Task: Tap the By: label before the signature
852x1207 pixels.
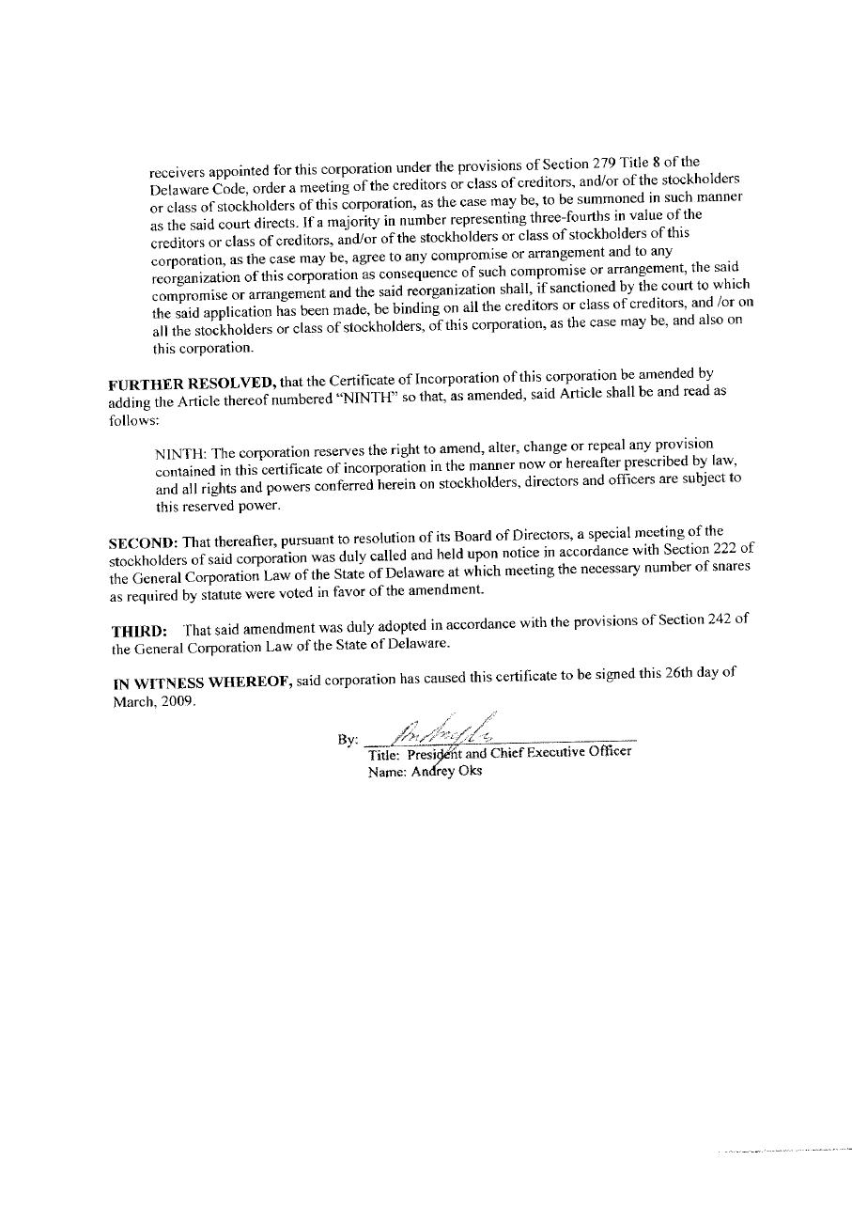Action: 348,740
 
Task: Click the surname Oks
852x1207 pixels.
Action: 470,771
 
